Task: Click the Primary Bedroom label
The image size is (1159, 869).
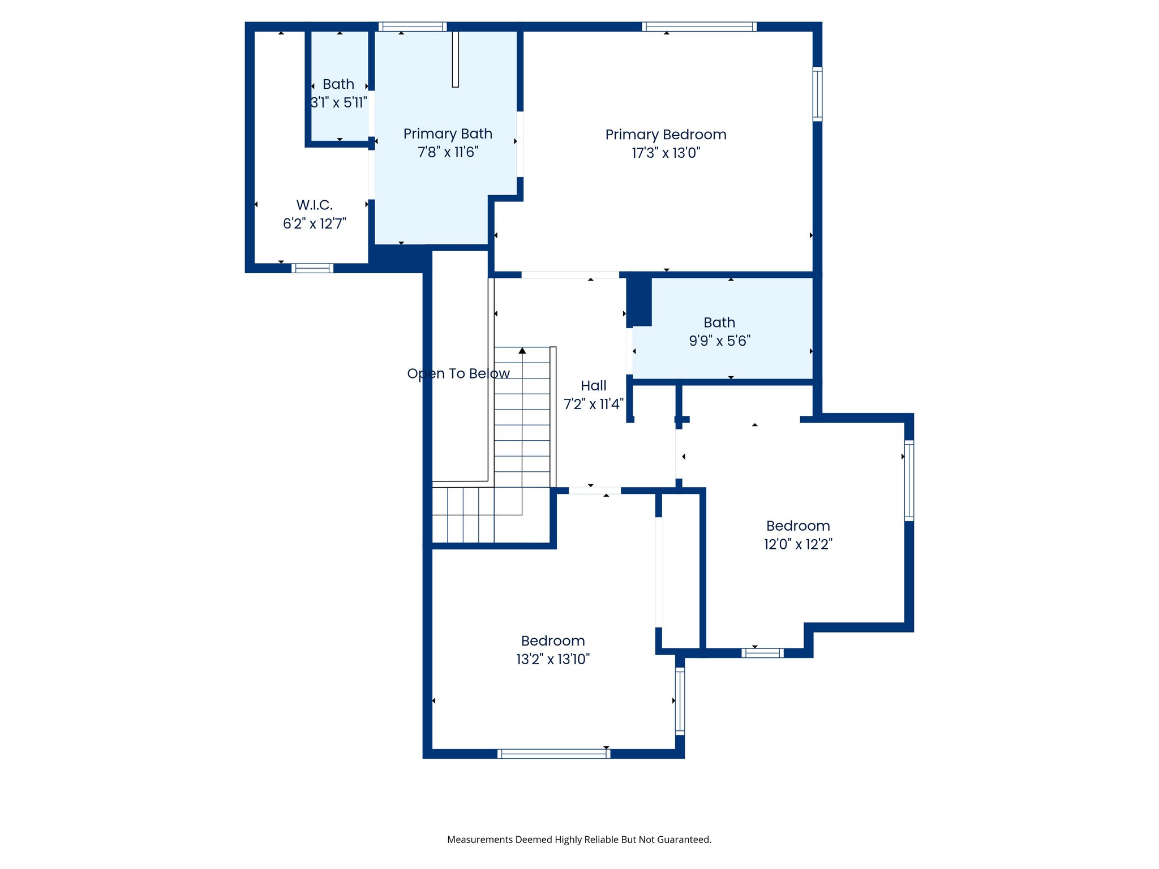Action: point(666,135)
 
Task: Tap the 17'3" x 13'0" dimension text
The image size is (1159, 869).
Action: point(666,153)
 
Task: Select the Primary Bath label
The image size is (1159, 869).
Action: point(448,134)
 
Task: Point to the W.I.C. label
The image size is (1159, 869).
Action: point(314,205)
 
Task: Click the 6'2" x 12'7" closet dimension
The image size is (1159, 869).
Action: point(314,223)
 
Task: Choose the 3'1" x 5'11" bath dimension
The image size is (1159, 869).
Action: point(338,103)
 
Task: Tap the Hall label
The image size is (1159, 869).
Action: point(593,386)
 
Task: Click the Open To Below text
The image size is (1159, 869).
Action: point(458,373)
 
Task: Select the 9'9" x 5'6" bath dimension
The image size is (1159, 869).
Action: point(719,341)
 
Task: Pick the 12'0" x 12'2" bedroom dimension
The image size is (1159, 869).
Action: point(798,544)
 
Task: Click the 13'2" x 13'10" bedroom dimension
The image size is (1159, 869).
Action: point(553,659)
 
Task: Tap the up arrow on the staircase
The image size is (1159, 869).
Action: point(522,351)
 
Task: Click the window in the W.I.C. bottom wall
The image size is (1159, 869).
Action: point(312,268)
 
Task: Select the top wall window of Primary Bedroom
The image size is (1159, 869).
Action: point(699,27)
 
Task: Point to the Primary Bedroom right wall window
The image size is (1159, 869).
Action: point(817,94)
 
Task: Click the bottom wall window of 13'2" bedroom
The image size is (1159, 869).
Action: point(553,754)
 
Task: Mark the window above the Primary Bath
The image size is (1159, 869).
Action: point(413,27)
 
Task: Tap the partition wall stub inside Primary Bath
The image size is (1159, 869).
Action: point(455,59)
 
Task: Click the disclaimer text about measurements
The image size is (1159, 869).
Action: point(579,840)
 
